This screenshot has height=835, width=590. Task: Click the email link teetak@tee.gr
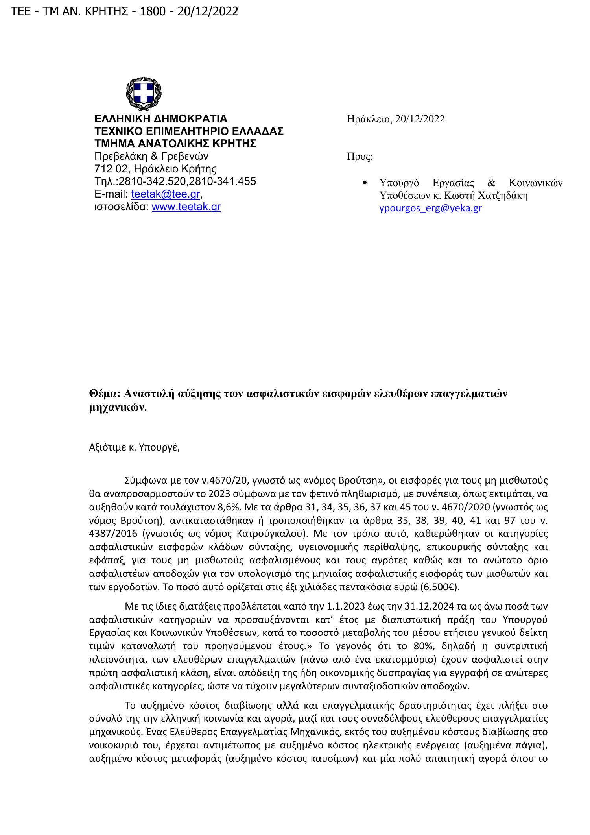[x=166, y=194]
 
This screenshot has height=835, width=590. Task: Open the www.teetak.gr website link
[x=186, y=207]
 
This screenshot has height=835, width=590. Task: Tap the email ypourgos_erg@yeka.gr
[x=430, y=209]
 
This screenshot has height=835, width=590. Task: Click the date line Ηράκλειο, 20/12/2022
[x=395, y=119]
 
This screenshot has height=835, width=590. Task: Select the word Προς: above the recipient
[x=360, y=157]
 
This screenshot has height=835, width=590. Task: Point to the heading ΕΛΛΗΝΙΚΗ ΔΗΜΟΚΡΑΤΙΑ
[x=161, y=119]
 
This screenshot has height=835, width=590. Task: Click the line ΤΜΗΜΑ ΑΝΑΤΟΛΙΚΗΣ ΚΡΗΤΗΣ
[x=175, y=144]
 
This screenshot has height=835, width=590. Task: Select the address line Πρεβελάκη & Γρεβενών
[x=151, y=156]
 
